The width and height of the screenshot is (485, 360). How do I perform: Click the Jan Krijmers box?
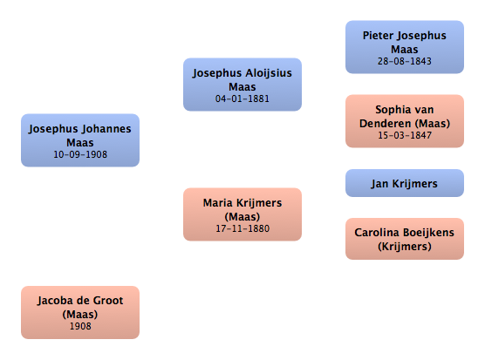pos(405,183)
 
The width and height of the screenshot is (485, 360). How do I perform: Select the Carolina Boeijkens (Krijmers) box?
pos(405,239)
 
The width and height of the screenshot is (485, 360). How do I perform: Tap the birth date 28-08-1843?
pos(405,61)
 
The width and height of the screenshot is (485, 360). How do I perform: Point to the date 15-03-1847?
pos(405,135)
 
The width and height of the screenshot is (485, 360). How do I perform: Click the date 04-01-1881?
pos(242,98)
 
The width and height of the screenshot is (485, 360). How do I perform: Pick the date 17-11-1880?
pos(242,228)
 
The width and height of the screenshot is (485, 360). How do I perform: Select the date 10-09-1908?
pos(80,154)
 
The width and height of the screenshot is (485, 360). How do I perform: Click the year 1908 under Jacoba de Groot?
pos(80,326)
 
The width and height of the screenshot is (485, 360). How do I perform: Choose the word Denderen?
pos(385,124)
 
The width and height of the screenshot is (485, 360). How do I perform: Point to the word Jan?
pos(379,184)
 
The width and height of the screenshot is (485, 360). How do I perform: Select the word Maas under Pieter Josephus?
pos(405,50)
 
